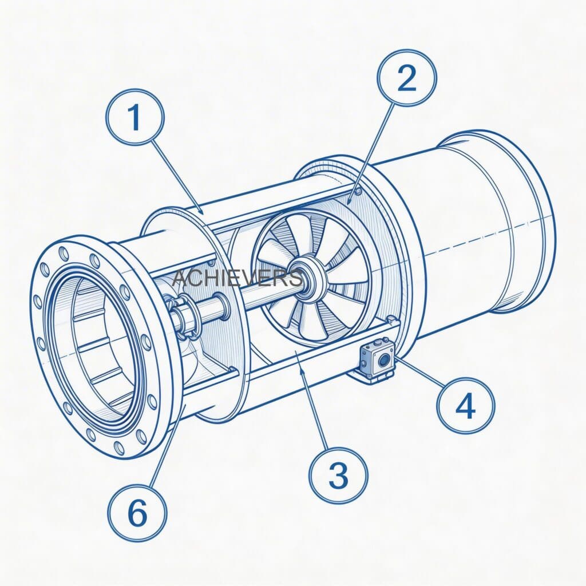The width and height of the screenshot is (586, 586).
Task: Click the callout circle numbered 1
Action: click(x=134, y=118)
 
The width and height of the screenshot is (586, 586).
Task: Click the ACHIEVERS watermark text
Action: click(x=237, y=279)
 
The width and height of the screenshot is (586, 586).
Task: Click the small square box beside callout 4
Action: click(x=376, y=360)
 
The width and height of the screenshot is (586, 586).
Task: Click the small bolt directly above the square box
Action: click(x=390, y=319)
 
